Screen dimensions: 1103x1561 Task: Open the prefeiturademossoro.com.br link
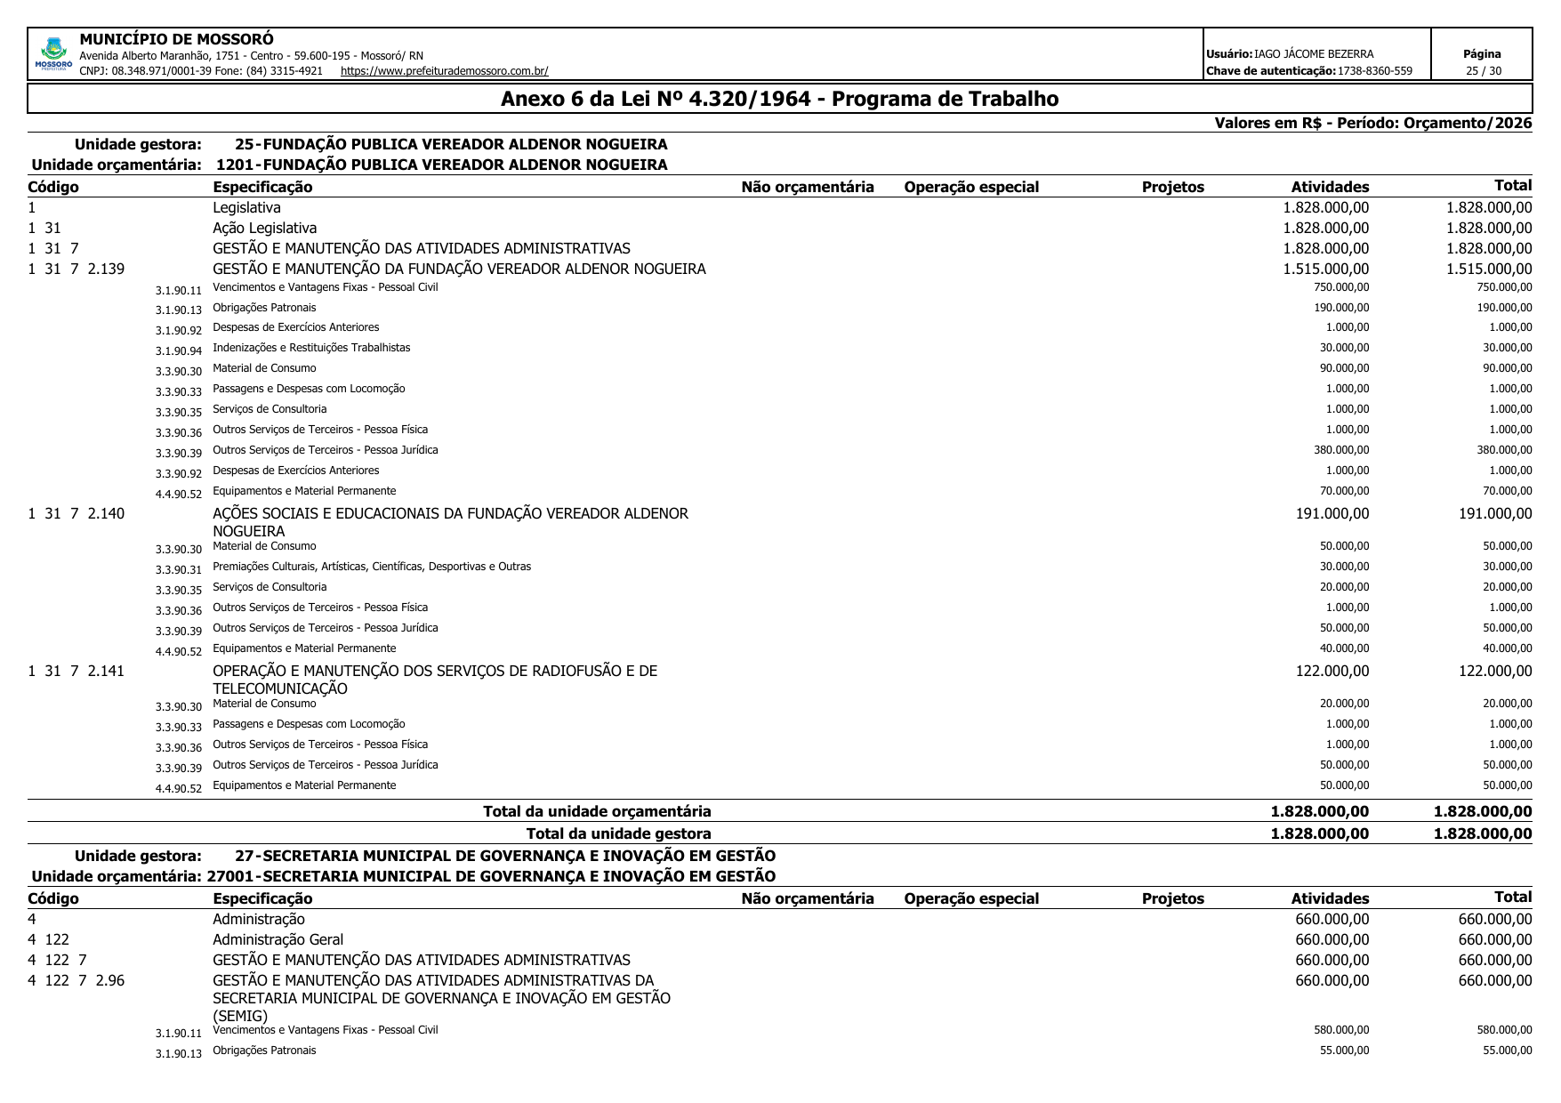coord(444,71)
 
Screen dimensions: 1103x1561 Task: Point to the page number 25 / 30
coord(1483,71)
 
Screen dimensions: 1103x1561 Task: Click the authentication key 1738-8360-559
coord(1374,71)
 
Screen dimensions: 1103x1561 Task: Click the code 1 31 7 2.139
coord(76,269)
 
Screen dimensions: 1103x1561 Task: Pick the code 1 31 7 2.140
coord(76,513)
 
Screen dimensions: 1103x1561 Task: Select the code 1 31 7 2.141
coord(76,671)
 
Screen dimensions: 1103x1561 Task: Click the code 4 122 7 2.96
coord(76,980)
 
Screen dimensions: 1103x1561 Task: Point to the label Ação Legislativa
coord(264,228)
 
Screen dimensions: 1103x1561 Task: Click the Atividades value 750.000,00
coord(1341,287)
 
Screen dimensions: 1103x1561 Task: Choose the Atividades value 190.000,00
coord(1341,308)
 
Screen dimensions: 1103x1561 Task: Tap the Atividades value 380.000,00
coord(1341,450)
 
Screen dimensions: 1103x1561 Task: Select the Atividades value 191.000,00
coord(1332,513)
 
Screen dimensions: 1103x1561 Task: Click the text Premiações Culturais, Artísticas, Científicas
coord(372,567)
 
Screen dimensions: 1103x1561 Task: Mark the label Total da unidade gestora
coord(618,833)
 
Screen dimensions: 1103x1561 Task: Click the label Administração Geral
coord(278,939)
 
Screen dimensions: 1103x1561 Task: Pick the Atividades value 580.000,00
coord(1341,1030)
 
